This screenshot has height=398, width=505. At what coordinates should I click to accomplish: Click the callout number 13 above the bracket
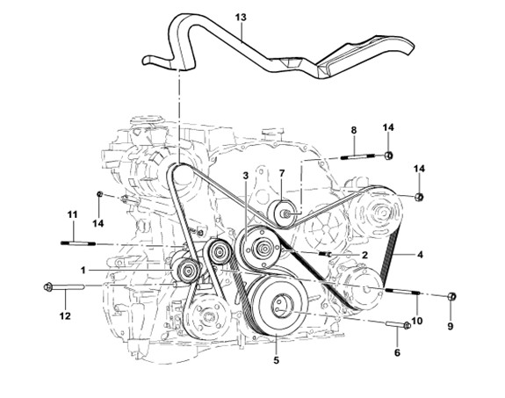pyautogui.click(x=241, y=17)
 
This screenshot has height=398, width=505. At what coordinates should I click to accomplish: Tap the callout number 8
pyautogui.click(x=354, y=130)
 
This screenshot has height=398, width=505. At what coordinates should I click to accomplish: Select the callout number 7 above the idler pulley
pyautogui.click(x=282, y=173)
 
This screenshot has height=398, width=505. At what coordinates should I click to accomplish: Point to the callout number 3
pyautogui.click(x=246, y=176)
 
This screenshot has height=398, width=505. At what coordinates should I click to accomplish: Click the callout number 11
pyautogui.click(x=73, y=214)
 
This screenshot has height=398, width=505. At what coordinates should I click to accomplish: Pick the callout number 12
pyautogui.click(x=65, y=316)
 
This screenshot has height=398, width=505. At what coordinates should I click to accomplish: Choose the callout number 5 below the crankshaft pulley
pyautogui.click(x=277, y=360)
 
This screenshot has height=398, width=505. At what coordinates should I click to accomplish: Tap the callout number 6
pyautogui.click(x=397, y=353)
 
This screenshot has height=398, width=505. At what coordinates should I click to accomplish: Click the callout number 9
pyautogui.click(x=451, y=327)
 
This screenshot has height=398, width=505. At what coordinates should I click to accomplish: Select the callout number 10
pyautogui.click(x=416, y=321)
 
